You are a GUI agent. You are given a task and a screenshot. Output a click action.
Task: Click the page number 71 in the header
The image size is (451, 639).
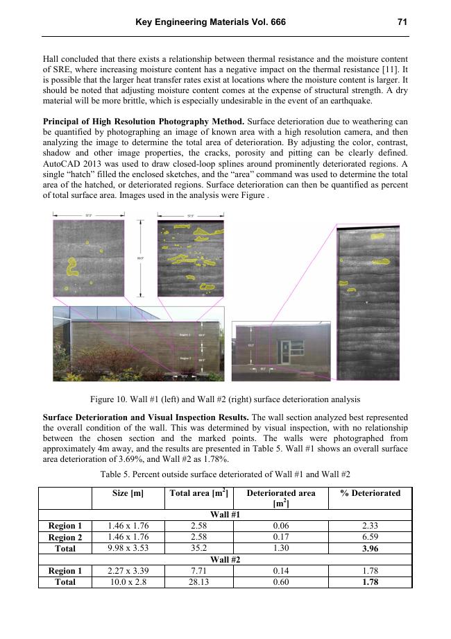pos(402,22)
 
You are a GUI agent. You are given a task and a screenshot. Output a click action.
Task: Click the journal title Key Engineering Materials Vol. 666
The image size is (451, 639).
pos(210,22)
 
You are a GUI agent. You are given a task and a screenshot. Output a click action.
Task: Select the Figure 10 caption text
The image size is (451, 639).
pos(226,399)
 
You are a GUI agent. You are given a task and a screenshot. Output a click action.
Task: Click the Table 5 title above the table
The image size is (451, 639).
pos(226,474)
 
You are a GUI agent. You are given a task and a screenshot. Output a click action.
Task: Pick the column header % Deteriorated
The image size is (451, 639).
pos(370,493)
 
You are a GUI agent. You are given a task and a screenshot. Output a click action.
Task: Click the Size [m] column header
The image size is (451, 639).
pos(128,493)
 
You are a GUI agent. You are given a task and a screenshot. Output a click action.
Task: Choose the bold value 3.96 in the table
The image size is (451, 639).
pos(370,548)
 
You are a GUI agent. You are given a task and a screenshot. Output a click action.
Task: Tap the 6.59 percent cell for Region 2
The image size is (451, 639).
pos(370,537)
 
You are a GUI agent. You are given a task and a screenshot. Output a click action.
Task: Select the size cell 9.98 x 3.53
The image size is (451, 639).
pos(128,548)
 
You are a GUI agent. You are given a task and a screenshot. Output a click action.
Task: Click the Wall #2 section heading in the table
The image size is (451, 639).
pos(226,559)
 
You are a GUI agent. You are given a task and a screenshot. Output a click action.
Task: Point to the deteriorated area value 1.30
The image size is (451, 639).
pos(280,548)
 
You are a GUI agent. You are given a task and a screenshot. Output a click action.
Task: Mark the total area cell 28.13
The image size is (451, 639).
pos(199,581)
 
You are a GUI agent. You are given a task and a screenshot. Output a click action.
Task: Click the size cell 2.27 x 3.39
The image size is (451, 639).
pos(128,570)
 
